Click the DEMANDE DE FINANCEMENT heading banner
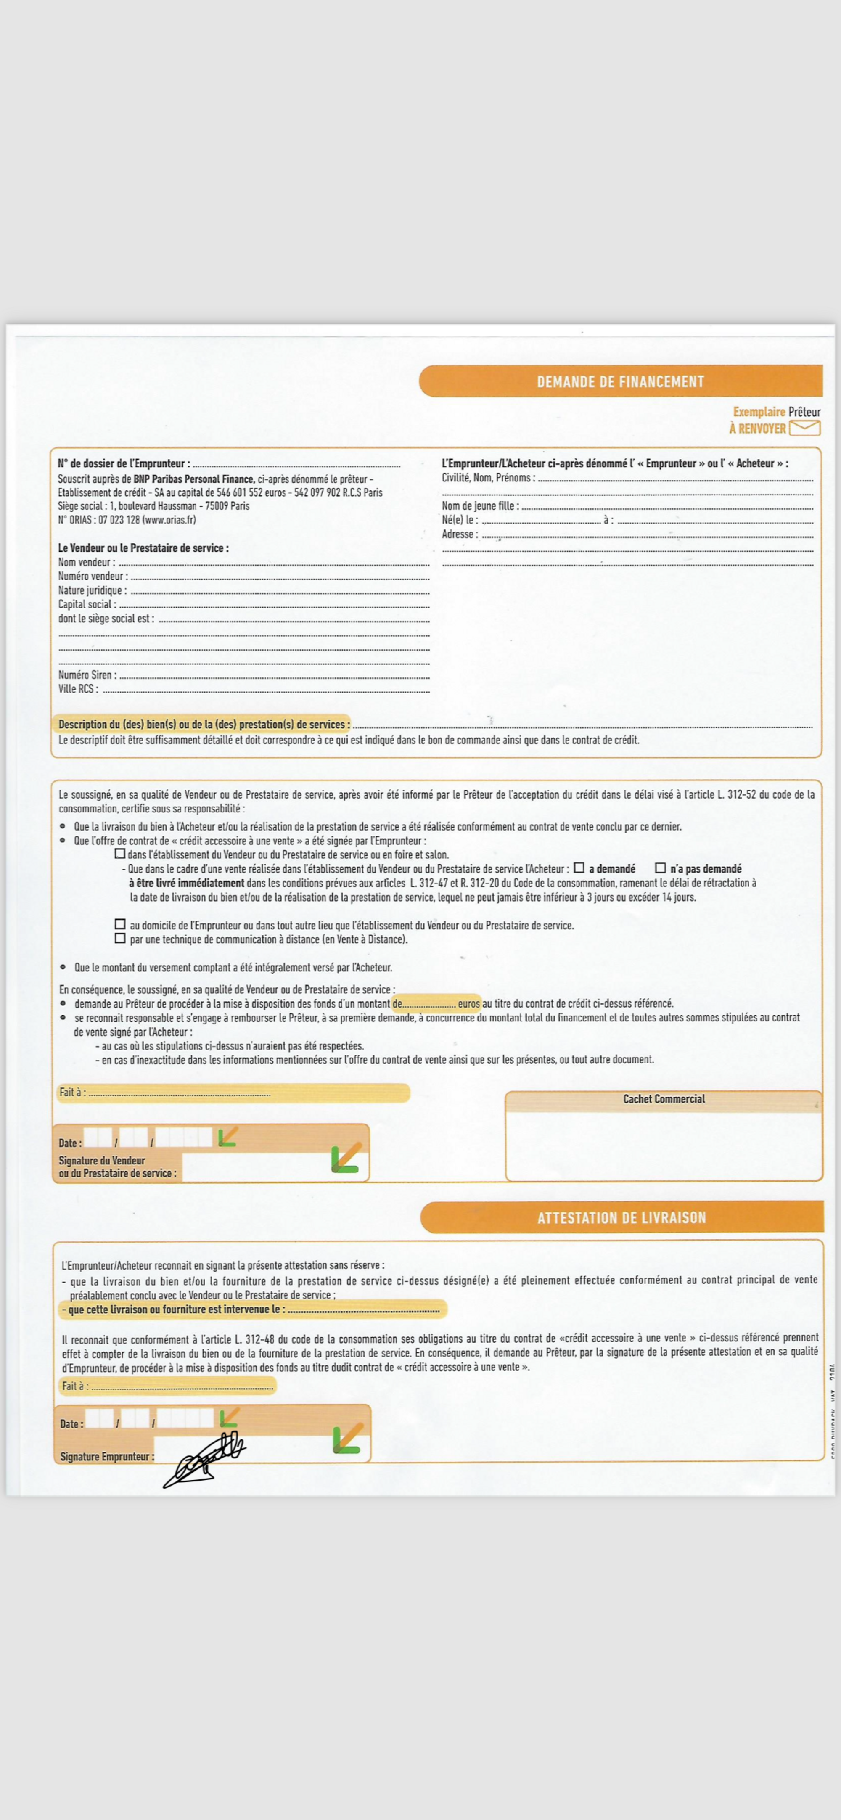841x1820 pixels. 621,381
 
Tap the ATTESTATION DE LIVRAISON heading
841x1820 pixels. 621,1217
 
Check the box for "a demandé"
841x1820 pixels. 579,868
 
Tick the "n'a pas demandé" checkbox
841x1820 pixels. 660,868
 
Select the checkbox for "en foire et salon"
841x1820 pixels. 119,854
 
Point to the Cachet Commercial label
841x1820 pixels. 664,1099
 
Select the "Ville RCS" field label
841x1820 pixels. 78,689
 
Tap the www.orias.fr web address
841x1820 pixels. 169,520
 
